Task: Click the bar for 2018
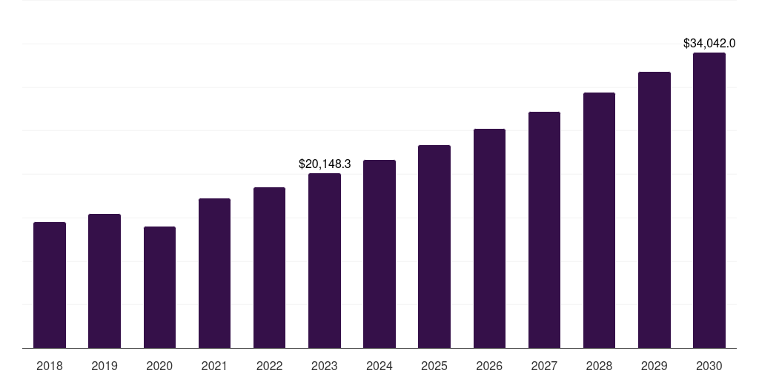(x=50, y=285)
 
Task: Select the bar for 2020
(x=159, y=287)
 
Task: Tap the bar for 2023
(x=325, y=261)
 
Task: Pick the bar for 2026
(x=489, y=238)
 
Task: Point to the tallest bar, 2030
(x=709, y=200)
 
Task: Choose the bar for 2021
(x=214, y=273)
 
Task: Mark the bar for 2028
(x=599, y=220)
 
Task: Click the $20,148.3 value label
(x=325, y=164)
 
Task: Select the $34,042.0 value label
(x=709, y=44)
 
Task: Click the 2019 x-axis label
(x=105, y=366)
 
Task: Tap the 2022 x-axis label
(x=269, y=366)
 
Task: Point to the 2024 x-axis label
(x=379, y=366)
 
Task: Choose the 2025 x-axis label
(x=434, y=366)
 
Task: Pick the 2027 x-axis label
(x=544, y=366)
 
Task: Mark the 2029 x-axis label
(x=654, y=366)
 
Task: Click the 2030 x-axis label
(x=709, y=366)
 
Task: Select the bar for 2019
(x=105, y=281)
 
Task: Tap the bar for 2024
(x=379, y=254)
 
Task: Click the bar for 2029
(x=654, y=209)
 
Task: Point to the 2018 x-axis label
(x=50, y=366)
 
